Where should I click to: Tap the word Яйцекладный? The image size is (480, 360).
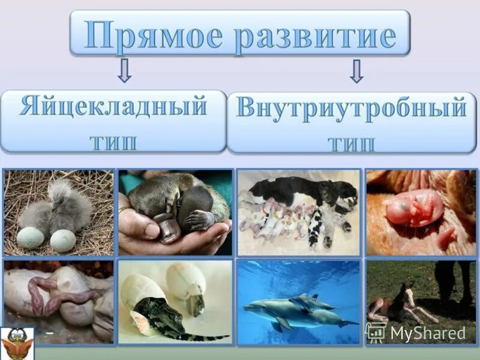click(113, 107)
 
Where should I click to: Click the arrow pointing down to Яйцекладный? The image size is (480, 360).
click(124, 70)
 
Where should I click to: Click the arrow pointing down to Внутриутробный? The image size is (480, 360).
click(356, 70)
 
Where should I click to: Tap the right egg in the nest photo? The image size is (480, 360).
click(63, 241)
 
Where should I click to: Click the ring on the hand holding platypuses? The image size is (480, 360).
click(123, 210)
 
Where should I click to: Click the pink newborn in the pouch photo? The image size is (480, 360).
click(414, 210)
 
